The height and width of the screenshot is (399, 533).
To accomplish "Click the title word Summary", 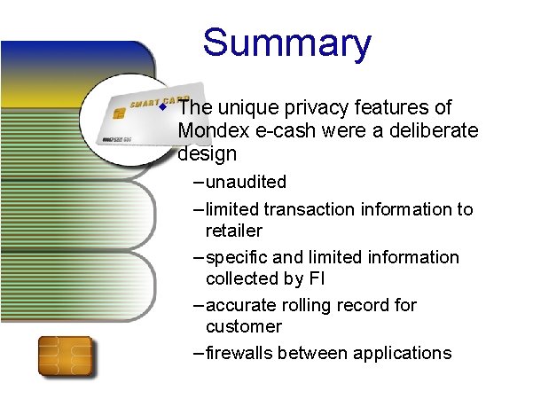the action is (286, 43).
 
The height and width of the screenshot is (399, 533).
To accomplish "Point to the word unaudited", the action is (246, 183).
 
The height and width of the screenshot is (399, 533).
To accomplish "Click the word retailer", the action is (234, 231).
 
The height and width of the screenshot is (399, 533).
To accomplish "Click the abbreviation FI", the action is (317, 278).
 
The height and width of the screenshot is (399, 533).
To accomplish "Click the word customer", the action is (243, 326).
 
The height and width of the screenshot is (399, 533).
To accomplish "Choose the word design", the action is (208, 154).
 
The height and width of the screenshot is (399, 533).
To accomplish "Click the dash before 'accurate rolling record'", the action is (198, 305).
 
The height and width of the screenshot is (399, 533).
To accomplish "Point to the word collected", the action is (244, 278).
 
